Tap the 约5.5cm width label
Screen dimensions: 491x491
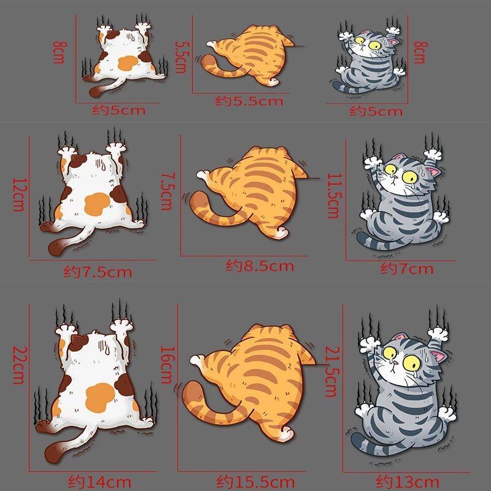(x=249, y=101)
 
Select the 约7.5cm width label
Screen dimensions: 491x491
(x=98, y=271)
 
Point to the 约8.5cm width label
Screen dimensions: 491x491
(x=260, y=266)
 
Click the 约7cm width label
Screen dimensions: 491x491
(x=407, y=268)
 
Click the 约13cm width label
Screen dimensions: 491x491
(x=408, y=481)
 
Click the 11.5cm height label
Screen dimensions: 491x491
(x=333, y=196)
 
